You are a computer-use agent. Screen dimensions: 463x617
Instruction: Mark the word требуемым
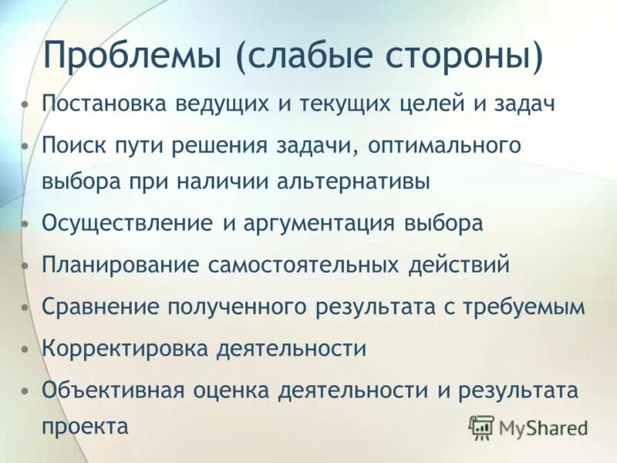pos(524,306)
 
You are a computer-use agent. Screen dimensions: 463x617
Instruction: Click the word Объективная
pos(113,389)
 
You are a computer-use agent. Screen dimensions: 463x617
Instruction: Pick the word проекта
pos(86,427)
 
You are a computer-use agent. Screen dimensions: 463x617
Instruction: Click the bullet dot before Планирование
pos(27,265)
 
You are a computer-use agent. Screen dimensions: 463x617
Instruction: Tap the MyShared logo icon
pos(481,427)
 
